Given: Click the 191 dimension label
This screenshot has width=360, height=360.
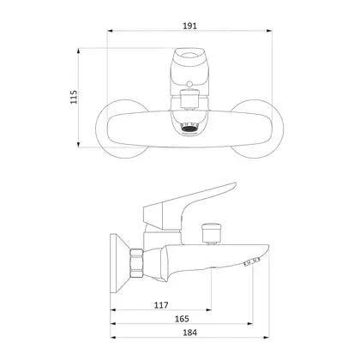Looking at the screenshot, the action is pyautogui.click(x=189, y=26).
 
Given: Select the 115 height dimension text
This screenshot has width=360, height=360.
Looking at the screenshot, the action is pyautogui.click(x=74, y=97).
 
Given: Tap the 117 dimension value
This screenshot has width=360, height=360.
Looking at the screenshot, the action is pyautogui.click(x=161, y=305).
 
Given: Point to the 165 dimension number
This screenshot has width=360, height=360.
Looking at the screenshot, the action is pyautogui.click(x=182, y=319).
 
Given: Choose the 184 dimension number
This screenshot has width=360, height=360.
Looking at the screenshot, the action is pyautogui.click(x=189, y=333).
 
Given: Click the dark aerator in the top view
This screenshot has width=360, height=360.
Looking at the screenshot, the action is pyautogui.click(x=189, y=128).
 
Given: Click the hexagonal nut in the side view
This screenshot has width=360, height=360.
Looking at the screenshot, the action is pyautogui.click(x=136, y=263).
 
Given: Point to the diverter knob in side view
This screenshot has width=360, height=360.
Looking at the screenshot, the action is pyautogui.click(x=212, y=232).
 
